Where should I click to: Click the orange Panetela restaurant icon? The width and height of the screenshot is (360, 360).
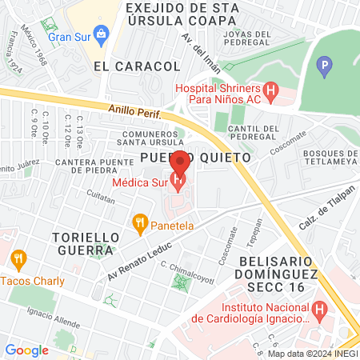click(140, 224)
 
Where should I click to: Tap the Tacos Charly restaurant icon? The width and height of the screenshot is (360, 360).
click(18, 258)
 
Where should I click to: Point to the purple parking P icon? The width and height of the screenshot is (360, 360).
click(324, 66)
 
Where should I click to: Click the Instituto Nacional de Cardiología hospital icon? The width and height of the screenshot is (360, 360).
click(319, 308)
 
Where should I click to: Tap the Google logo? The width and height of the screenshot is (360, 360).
click(26, 350)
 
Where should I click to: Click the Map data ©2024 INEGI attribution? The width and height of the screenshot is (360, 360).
click(311, 354)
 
